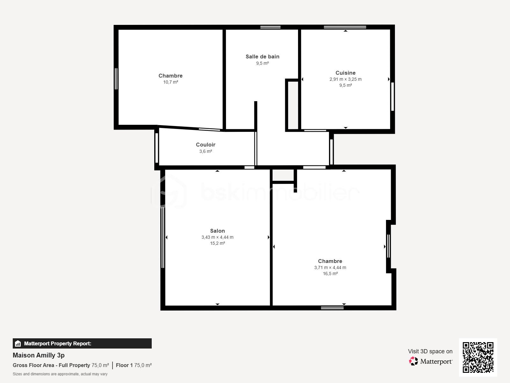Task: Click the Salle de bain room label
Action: [262, 56]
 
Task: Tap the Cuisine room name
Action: [346, 73]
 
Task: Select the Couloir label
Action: [206, 145]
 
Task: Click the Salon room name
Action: [217, 231]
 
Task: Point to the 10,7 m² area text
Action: [171, 82]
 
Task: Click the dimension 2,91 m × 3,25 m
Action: [346, 79]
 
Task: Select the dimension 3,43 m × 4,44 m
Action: [217, 237]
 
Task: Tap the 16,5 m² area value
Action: [330, 274]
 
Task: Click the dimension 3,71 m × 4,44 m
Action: [330, 267]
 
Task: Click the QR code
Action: [478, 357]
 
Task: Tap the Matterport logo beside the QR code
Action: [431, 361]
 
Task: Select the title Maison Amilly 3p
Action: [39, 355]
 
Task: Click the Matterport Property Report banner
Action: [82, 343]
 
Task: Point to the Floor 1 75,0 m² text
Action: [134, 365]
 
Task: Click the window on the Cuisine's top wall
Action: [345, 27]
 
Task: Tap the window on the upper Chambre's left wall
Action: [116, 79]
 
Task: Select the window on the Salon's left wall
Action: [163, 237]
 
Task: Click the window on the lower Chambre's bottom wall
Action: [332, 308]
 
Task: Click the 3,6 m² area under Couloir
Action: [206, 151]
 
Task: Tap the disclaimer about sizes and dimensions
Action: [60, 374]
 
